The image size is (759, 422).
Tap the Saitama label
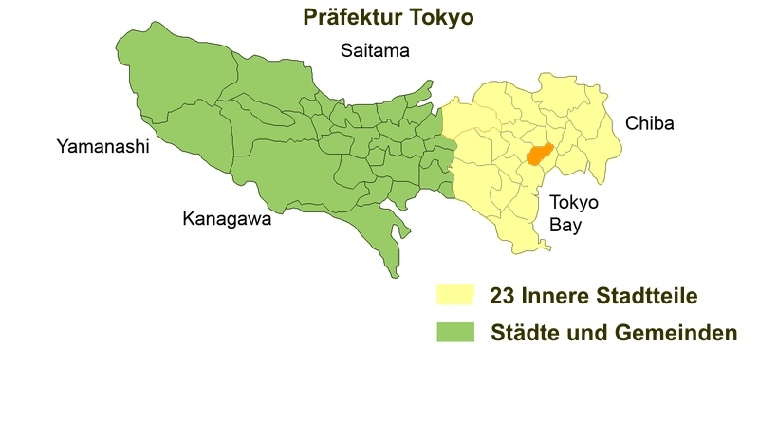tap(375, 51)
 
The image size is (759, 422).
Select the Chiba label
tap(649, 124)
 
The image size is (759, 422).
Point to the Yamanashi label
tap(103, 147)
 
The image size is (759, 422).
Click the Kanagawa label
tap(227, 220)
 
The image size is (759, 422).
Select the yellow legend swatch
tap(454, 296)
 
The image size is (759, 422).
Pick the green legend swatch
tap(454, 333)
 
